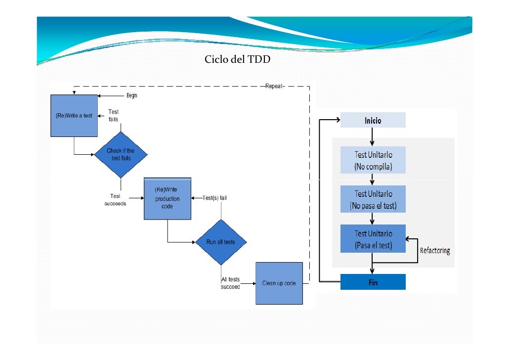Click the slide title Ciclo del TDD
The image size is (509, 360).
[x=237, y=59]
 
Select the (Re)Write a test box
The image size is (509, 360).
[x=74, y=116]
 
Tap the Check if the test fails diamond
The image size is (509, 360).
[x=121, y=155]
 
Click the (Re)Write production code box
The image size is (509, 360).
[x=168, y=198]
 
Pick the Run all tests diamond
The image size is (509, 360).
[x=221, y=242]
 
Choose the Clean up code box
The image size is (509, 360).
[x=279, y=283]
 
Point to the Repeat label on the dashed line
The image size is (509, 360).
[x=274, y=86]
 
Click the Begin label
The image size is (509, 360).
[x=132, y=95]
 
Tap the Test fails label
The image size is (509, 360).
[x=113, y=115]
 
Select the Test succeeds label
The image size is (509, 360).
[x=115, y=200]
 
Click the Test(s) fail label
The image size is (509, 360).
[x=214, y=198]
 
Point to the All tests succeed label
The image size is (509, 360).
[x=230, y=283]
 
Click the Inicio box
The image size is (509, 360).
[x=373, y=120]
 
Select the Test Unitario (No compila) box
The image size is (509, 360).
[x=373, y=160]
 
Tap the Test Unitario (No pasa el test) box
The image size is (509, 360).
[x=373, y=199]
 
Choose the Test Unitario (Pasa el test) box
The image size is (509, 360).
[x=373, y=238]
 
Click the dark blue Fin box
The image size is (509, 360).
[x=373, y=282]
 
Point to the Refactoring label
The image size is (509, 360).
[x=435, y=251]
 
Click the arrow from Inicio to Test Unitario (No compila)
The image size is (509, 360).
[x=372, y=137]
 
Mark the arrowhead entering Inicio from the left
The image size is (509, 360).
[x=338, y=120]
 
